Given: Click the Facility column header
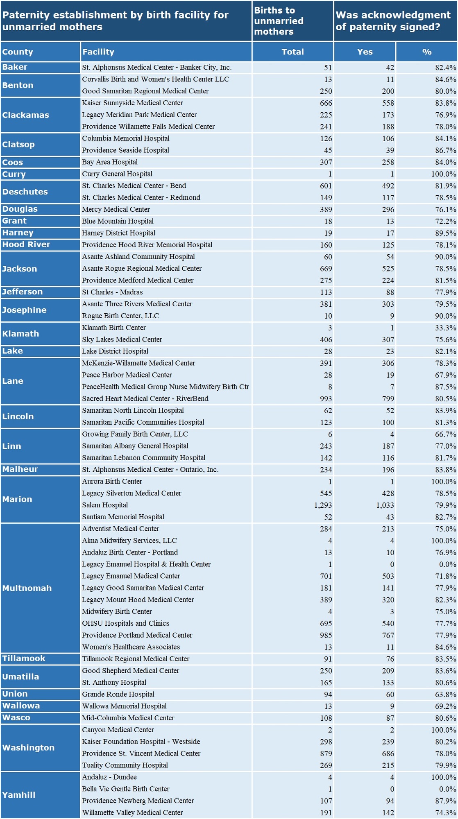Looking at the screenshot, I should (98, 52).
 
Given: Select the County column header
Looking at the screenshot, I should (18, 52).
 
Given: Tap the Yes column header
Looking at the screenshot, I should (365, 52).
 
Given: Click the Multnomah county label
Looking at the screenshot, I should (27, 588).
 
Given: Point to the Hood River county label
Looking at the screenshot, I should (26, 244).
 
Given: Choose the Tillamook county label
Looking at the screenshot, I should (24, 658).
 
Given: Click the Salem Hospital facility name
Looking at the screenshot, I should (105, 505).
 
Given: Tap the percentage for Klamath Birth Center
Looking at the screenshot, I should (445, 328).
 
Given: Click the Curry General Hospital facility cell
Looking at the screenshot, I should (117, 174).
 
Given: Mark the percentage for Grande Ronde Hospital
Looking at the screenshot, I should (445, 694).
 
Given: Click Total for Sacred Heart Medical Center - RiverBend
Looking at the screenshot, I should (326, 398).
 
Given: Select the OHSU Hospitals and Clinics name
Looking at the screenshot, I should (125, 623).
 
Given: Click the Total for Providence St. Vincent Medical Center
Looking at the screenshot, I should (326, 753).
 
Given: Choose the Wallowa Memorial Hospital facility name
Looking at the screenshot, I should (124, 706).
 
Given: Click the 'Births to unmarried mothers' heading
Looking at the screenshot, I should (279, 21).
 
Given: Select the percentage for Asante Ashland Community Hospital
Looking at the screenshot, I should (445, 257).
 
